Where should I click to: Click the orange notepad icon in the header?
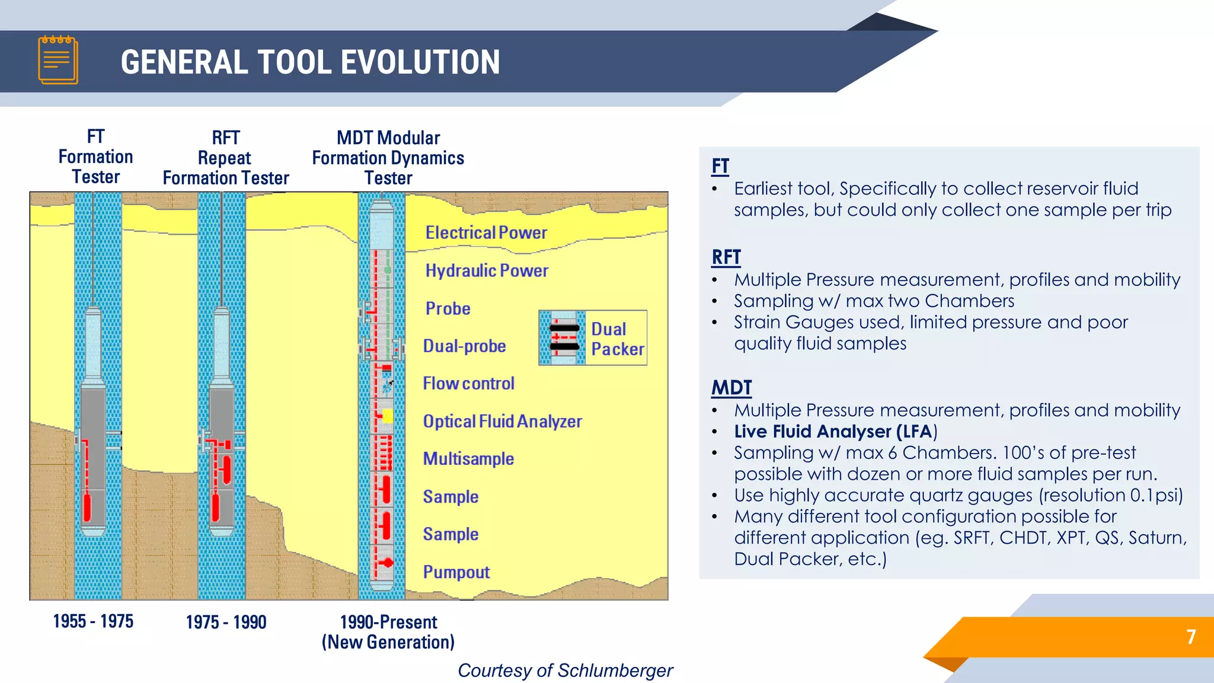pos(58,60)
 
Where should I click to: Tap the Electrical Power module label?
pos(486,233)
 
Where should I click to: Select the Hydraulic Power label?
pos(487,271)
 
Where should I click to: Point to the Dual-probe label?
pos(464,346)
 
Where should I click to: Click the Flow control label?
pos(468,384)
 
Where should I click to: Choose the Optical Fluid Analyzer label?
pos(502,422)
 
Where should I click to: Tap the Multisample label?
pos(468,459)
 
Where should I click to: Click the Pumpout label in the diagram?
pos(456,572)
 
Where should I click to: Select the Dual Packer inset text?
pos(617,339)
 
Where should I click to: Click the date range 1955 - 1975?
pos(93,621)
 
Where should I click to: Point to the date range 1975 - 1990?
pos(226,623)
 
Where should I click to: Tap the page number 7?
pos(1191,637)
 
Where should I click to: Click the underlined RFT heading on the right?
pos(726,257)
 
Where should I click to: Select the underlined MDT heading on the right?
pos(731,388)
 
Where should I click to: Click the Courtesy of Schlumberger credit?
pos(565,671)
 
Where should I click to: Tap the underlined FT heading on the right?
pos(720,166)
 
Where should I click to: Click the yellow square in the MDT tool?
pos(388,416)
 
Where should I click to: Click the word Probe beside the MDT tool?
pos(448,309)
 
